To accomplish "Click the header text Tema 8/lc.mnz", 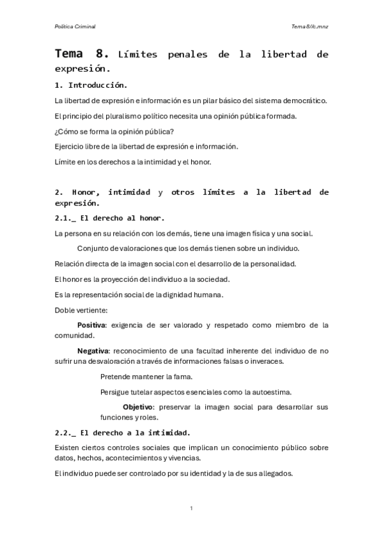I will click(x=309, y=26).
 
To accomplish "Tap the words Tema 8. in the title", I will click(x=83, y=54).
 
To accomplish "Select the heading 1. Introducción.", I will click(x=91, y=85).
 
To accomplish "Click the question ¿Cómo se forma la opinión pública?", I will click(x=114, y=131).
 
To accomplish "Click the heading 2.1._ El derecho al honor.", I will click(x=110, y=218).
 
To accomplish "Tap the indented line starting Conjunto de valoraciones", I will click(x=188, y=248).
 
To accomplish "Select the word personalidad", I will click(x=275, y=264).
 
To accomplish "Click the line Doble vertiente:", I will click(x=81, y=310).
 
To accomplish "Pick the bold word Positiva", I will click(x=91, y=325).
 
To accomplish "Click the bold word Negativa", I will click(x=93, y=351).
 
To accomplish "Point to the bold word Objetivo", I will click(x=138, y=407).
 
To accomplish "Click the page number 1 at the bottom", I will click(x=192, y=508).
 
